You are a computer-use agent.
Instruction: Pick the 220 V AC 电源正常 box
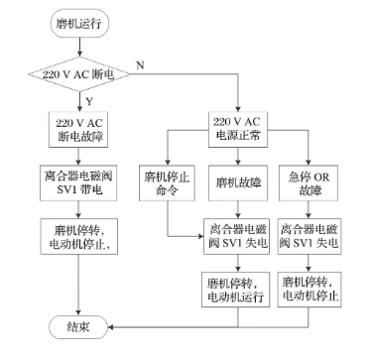click(237, 128)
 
